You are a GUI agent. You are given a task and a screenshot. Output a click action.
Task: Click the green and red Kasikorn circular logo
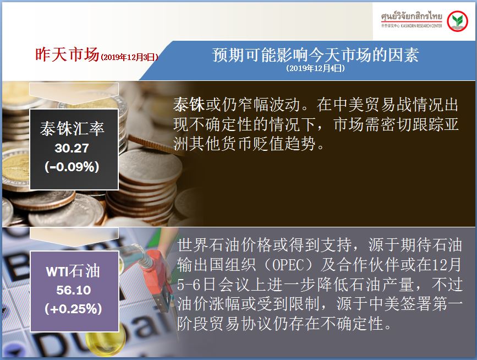point(457,21)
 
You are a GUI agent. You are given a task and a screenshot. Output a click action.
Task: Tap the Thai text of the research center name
point(412,16)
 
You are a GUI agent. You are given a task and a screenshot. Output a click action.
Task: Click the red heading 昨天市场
point(67,54)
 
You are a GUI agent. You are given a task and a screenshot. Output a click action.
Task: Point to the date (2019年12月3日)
point(129,57)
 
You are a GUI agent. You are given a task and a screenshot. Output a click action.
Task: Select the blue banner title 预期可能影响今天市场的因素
point(315,55)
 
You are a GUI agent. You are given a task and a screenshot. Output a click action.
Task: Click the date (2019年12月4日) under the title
point(315,68)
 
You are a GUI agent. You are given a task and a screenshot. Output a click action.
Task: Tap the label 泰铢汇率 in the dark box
point(72,128)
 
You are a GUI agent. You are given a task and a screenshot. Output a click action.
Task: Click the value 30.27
point(72,148)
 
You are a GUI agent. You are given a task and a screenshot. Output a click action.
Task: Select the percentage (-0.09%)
point(72,167)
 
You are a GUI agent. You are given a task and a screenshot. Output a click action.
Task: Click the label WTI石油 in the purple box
point(73,271)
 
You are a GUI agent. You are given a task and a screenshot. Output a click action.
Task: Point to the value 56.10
point(73,290)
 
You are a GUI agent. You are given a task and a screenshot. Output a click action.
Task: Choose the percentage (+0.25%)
point(73,309)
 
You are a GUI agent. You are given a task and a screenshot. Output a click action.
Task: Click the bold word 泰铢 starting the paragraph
point(189,105)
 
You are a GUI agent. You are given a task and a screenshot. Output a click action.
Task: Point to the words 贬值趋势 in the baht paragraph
point(284,143)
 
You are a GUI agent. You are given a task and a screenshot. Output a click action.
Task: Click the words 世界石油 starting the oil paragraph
point(209,245)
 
